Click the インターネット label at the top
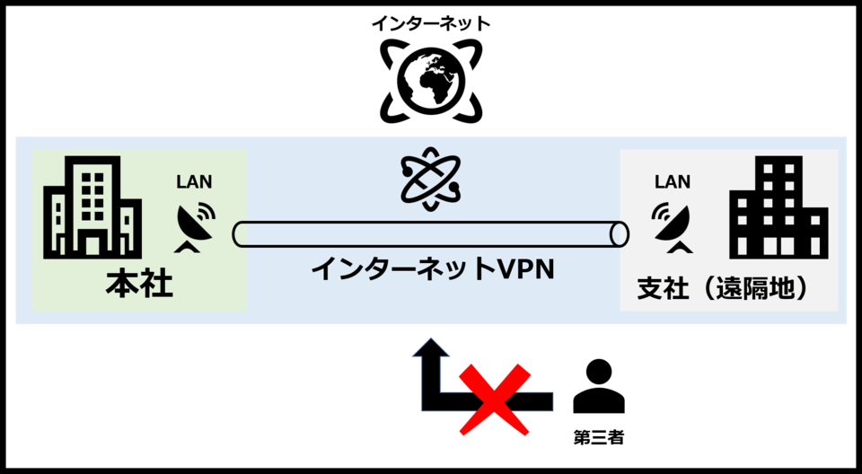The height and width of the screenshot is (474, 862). (431, 23)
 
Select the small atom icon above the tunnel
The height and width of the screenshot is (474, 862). (431, 179)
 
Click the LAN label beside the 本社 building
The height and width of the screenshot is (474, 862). (195, 182)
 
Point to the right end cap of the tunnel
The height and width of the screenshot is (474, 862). (619, 234)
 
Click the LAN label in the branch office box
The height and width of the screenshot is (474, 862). (673, 182)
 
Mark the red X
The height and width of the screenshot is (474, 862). (495, 396)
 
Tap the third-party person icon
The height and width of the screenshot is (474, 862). (598, 388)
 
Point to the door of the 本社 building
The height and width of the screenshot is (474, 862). (92, 242)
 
